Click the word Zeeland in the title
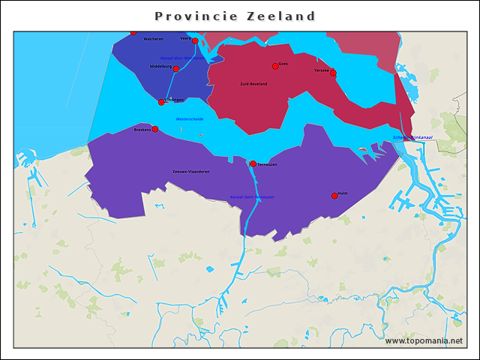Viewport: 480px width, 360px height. (x=282, y=16)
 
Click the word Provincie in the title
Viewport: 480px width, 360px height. (x=196, y=16)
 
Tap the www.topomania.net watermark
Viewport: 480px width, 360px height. (x=424, y=340)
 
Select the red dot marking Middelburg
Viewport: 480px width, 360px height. (x=176, y=69)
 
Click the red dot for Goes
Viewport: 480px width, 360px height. (x=275, y=66)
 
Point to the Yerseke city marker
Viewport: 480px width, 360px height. (x=333, y=73)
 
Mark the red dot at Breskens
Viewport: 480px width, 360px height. (x=155, y=129)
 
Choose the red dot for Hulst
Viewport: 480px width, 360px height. (x=334, y=196)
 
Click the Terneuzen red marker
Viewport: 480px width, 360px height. (x=253, y=163)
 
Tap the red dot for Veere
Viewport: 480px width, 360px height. (x=195, y=40)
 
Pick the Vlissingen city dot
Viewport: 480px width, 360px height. (x=161, y=102)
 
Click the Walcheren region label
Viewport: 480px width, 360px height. (x=153, y=39)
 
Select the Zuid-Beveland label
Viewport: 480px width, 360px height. (x=253, y=84)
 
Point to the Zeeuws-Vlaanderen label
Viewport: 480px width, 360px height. (x=190, y=172)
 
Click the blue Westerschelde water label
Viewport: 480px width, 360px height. (x=190, y=118)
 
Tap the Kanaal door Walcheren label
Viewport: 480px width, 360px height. (x=181, y=58)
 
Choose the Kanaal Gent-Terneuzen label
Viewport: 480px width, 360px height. (x=252, y=196)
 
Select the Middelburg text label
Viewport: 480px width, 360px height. (x=160, y=66)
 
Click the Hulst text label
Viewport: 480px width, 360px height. (x=343, y=193)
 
